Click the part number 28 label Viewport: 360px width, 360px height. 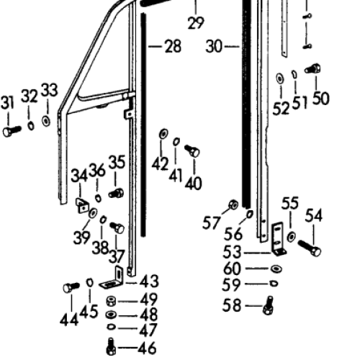tap(173, 46)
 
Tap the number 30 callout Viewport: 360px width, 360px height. tap(214, 46)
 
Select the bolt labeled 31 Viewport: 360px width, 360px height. tap(12, 131)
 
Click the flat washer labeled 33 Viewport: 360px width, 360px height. tap(46, 121)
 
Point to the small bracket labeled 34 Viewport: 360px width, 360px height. tap(82, 205)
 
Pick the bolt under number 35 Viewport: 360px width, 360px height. tap(116, 193)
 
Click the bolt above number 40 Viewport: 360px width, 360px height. tap(192, 150)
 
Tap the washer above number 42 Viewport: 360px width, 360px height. tap(163, 134)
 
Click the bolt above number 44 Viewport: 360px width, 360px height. tap(71, 287)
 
